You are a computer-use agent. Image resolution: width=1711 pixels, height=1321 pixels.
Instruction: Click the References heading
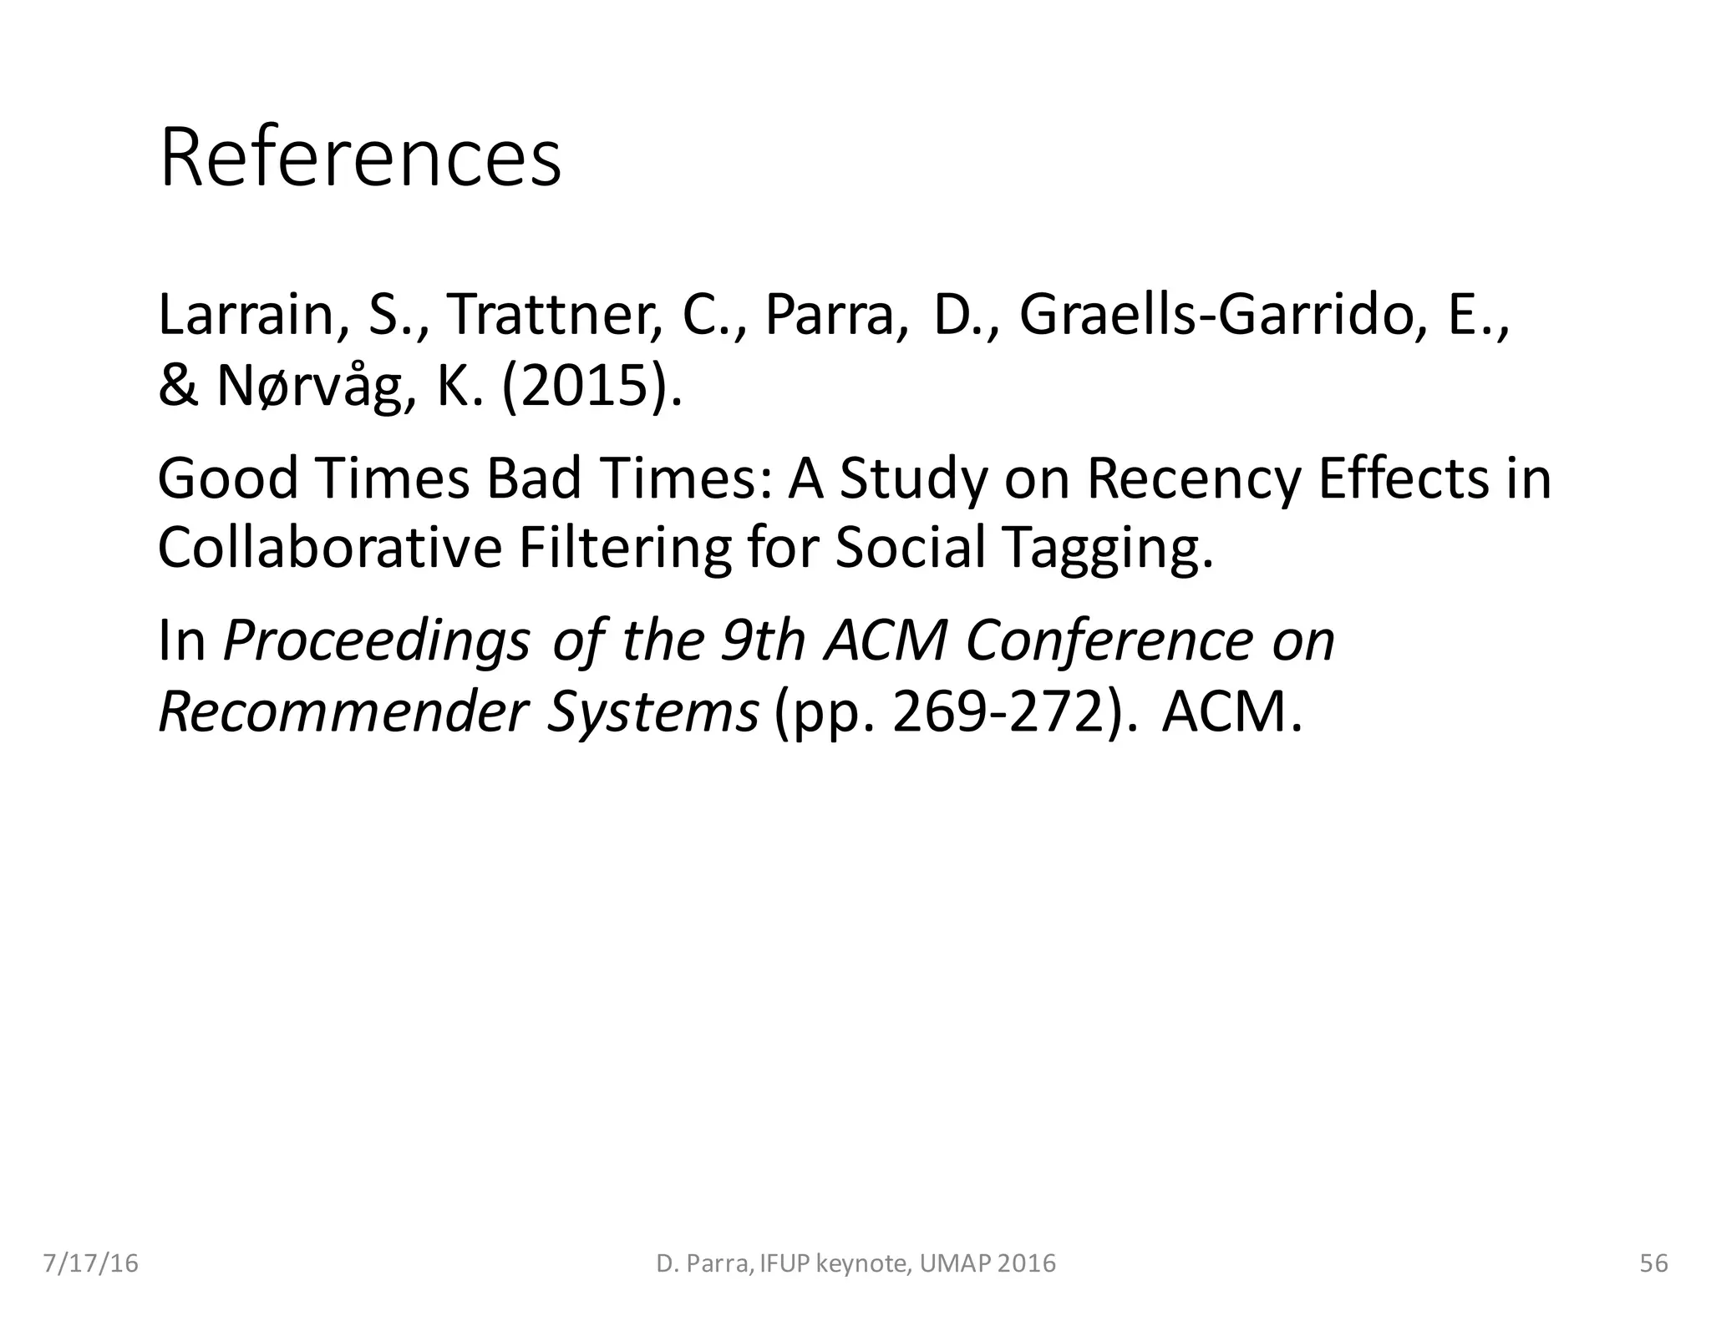(x=360, y=159)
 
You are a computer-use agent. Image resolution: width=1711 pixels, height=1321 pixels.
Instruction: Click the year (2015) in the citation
(x=591, y=387)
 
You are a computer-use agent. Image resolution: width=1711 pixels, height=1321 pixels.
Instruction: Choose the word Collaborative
(x=329, y=548)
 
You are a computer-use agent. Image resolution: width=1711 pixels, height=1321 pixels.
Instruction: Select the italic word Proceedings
(x=376, y=641)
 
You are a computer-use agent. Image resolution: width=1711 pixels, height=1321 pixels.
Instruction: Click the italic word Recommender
(x=343, y=711)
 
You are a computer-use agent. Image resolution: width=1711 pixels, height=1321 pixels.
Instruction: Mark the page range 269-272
(x=998, y=711)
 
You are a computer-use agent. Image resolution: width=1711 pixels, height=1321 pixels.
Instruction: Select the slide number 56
(x=1654, y=1263)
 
